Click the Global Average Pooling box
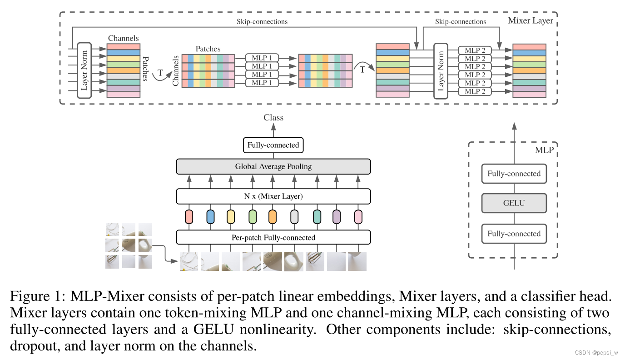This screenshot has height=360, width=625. click(x=273, y=166)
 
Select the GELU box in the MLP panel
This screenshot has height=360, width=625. click(x=514, y=203)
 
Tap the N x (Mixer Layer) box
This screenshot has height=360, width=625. click(x=273, y=196)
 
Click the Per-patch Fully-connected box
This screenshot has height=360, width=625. click(x=273, y=237)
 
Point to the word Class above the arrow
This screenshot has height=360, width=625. click(x=273, y=118)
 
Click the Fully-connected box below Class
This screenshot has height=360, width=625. click(x=273, y=145)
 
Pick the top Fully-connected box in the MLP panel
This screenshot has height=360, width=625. click(x=514, y=174)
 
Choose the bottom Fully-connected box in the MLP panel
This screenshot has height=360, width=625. click(x=514, y=234)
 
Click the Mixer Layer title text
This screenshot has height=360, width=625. click(x=530, y=20)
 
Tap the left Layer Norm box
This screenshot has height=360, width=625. click(x=84, y=70)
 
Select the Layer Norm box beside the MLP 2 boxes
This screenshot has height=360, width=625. click(x=440, y=70)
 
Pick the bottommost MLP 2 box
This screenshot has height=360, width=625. click(x=475, y=91)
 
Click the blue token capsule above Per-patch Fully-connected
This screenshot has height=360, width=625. click(x=210, y=217)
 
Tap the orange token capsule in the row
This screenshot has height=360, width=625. click(x=273, y=217)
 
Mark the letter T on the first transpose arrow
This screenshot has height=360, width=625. click(x=160, y=72)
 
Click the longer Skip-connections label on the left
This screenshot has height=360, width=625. click(x=262, y=21)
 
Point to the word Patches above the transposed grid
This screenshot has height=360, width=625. click(x=208, y=49)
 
